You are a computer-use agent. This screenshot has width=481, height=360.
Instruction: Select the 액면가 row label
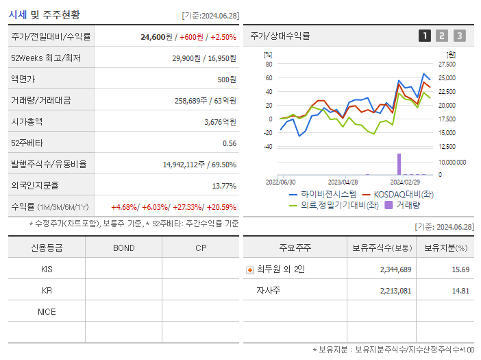[24, 80]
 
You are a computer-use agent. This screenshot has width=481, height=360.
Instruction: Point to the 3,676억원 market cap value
[220, 122]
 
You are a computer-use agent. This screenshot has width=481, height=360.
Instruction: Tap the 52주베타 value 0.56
[230, 143]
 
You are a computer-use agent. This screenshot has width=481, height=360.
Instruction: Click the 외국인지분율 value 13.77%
[224, 186]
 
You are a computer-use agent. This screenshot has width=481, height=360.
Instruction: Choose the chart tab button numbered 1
[425, 36]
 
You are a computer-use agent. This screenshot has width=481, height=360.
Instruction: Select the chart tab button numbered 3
[459, 36]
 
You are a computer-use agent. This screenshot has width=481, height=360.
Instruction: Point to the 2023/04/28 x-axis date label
[343, 182]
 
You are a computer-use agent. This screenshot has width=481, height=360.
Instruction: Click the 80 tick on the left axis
[269, 64]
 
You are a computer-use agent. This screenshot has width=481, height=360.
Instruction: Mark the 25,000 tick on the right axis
[447, 78]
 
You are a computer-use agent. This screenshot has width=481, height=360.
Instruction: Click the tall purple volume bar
[399, 164]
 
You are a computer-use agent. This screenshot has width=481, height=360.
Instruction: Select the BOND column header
[123, 248]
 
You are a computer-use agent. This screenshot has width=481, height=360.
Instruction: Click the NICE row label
[47, 312]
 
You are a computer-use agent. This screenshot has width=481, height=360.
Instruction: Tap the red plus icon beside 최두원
[250, 269]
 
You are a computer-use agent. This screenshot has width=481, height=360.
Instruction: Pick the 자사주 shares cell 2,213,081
[395, 291]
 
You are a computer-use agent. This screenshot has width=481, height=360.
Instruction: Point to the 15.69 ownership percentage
[460, 269]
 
